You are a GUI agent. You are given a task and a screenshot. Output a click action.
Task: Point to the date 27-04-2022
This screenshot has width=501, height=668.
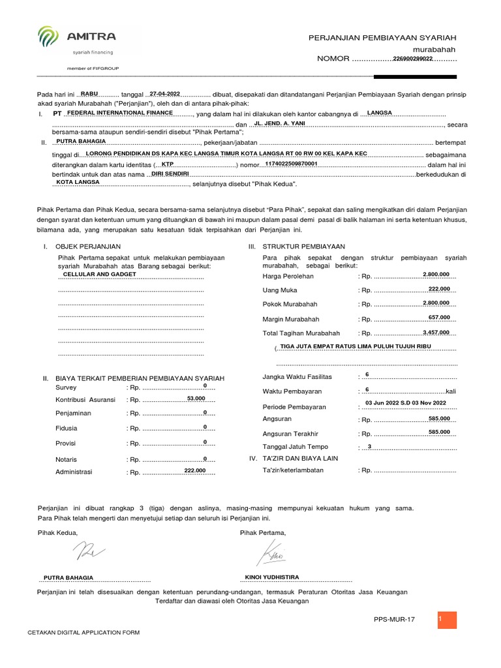click(x=164, y=94)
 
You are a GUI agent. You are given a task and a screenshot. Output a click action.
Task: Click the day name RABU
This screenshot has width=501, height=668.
click(x=89, y=94)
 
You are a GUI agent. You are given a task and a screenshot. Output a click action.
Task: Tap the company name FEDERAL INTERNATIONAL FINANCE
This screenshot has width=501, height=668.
click(x=120, y=113)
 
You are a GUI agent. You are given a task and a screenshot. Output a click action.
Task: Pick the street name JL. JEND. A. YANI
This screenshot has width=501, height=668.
click(x=280, y=123)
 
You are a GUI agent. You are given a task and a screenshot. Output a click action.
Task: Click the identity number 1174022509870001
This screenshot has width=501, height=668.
click(x=291, y=164)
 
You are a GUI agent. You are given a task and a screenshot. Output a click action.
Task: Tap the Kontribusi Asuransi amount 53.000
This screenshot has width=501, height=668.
click(x=196, y=398)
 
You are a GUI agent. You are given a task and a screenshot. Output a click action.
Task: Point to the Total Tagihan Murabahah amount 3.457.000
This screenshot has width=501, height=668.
click(x=436, y=332)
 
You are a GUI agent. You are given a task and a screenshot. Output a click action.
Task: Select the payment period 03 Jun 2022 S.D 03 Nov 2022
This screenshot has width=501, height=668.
click(x=406, y=403)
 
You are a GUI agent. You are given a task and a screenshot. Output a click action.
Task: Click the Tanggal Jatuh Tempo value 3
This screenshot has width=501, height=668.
click(x=369, y=446)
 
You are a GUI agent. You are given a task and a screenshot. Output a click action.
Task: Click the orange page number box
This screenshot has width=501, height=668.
click(x=447, y=620)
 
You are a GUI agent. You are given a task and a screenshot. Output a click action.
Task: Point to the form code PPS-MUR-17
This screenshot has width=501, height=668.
click(x=394, y=619)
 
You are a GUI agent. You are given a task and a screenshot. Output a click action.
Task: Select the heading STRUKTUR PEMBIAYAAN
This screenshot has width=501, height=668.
click(x=303, y=247)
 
